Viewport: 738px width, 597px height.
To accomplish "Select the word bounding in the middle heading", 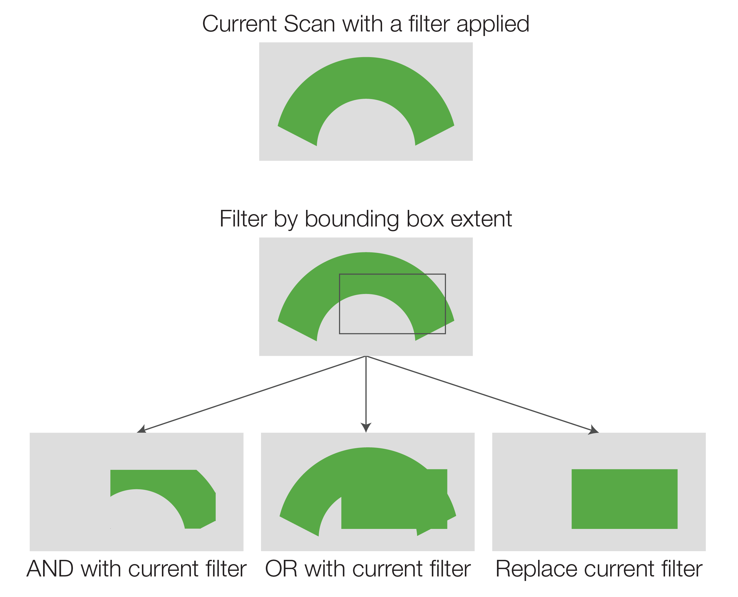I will coord(351,219).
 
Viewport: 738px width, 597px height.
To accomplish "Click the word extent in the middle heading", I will coord(481,219).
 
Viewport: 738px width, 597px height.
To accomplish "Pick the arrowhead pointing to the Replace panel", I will coord(594,430).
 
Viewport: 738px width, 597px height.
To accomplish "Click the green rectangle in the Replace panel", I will coord(625,499).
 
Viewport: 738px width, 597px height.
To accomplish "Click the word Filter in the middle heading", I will coord(243,219).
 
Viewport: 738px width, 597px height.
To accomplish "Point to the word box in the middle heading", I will coord(425,219).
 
